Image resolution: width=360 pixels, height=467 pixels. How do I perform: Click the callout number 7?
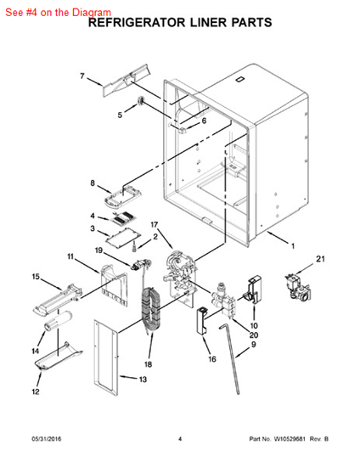tap(82, 76)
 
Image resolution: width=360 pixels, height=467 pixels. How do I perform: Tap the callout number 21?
tap(320, 259)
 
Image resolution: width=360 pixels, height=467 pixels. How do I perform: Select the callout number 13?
tap(143, 380)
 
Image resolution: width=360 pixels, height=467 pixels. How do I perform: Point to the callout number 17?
tap(155, 224)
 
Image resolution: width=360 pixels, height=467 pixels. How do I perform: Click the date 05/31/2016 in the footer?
tap(47, 439)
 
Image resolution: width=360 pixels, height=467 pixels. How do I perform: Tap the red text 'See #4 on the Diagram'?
tap(59, 12)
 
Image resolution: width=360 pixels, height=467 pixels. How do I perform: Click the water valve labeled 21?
tap(297, 287)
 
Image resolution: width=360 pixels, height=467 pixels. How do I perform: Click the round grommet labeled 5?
tap(141, 101)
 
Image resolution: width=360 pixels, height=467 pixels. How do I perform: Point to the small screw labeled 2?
tap(135, 246)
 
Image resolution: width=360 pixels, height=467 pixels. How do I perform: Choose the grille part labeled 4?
tap(122, 218)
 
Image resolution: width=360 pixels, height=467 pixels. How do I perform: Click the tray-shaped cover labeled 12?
tap(59, 357)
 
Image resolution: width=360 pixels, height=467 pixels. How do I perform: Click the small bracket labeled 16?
tap(201, 321)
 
